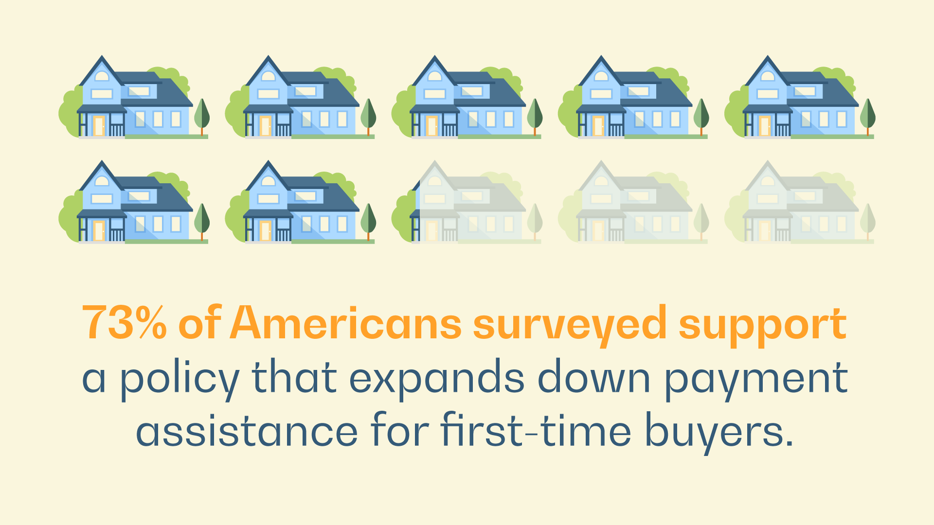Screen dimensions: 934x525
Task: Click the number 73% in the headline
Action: (x=125, y=323)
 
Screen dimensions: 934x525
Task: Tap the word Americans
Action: (x=346, y=322)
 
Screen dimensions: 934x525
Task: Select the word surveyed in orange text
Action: (x=570, y=326)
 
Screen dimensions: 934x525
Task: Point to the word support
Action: (x=763, y=326)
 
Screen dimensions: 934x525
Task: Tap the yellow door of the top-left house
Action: (x=99, y=126)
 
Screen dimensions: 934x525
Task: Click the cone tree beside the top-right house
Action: (x=867, y=117)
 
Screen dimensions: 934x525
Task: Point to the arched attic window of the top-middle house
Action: (x=435, y=76)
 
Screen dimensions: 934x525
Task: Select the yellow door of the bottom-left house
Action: (x=99, y=231)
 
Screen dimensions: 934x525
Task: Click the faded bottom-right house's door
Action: (x=764, y=231)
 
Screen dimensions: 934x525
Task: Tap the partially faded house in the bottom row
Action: (x=467, y=202)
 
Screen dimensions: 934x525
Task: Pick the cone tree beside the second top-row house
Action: (x=368, y=117)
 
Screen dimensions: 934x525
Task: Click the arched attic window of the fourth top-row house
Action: (x=601, y=76)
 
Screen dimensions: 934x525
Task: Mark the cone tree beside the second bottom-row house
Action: (x=368, y=222)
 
